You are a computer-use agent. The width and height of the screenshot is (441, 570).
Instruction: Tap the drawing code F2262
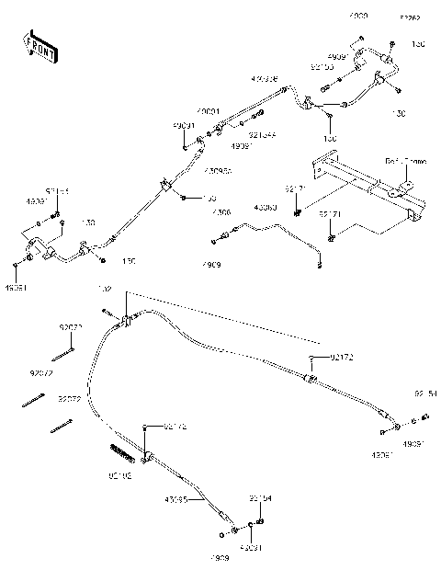(408, 17)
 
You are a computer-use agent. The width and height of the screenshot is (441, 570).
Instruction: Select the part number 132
(104, 290)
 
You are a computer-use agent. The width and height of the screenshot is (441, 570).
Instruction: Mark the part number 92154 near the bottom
(261, 499)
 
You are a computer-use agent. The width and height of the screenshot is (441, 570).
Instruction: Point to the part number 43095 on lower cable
(176, 500)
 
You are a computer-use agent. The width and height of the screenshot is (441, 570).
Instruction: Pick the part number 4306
(221, 212)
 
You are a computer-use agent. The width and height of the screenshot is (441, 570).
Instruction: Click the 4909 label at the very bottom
(218, 558)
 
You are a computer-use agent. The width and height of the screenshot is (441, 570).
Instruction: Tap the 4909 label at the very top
(357, 17)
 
